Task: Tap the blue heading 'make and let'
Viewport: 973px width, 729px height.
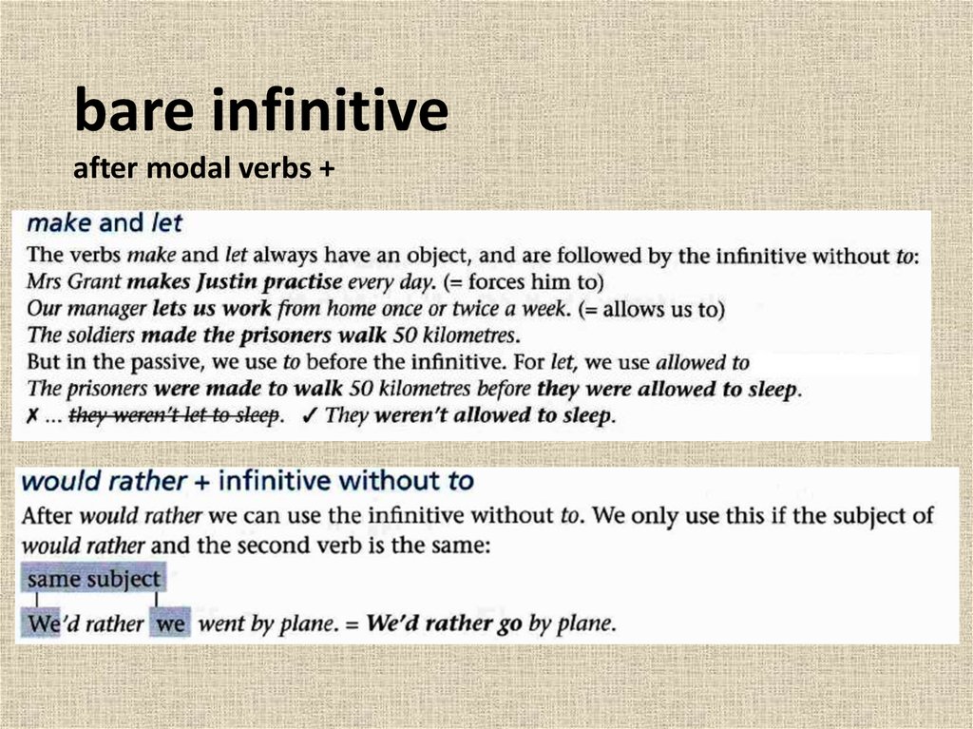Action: [105, 223]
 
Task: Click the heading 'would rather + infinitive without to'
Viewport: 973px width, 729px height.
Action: [247, 481]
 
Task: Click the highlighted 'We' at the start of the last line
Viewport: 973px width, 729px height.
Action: [43, 624]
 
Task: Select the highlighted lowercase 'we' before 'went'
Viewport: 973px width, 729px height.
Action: [170, 624]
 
